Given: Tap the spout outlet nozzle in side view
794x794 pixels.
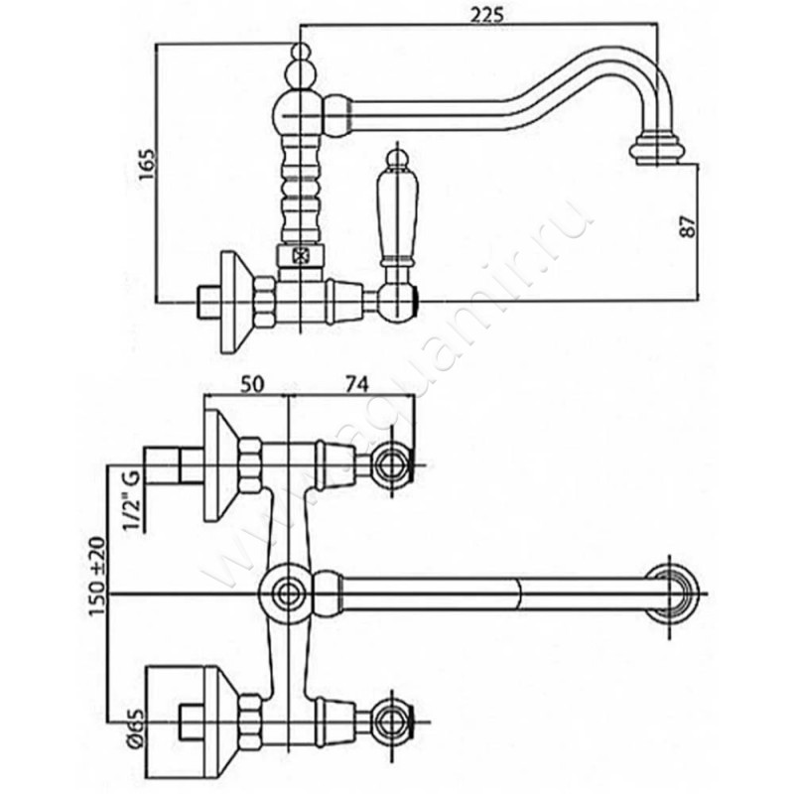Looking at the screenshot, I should point(657,150).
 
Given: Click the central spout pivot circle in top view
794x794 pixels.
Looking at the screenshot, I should point(289,595).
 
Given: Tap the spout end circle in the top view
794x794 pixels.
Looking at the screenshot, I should point(676,595).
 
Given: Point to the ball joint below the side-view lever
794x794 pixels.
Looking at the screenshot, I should point(398,299).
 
